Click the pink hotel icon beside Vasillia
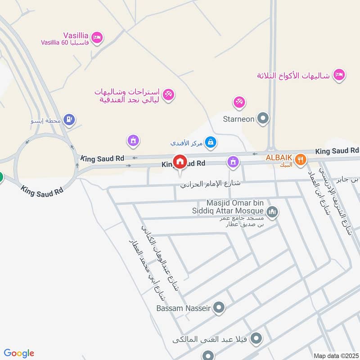click(96, 38)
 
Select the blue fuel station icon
click(69, 119)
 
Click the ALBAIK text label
click(279, 158)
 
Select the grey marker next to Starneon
click(263, 119)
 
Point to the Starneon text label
click(239, 119)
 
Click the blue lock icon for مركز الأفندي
click(210, 143)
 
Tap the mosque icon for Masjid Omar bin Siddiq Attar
click(272, 211)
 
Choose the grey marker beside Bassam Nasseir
click(219, 308)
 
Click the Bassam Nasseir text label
click(184, 309)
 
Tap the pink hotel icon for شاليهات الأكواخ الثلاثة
click(339, 75)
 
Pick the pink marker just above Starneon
click(239, 103)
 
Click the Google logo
click(19, 353)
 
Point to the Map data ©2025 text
click(335, 355)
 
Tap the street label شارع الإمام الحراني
click(210, 184)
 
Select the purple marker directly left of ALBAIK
click(233, 161)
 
